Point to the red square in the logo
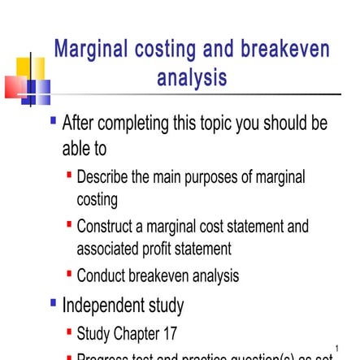point(15,85)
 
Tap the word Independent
point(106,306)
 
